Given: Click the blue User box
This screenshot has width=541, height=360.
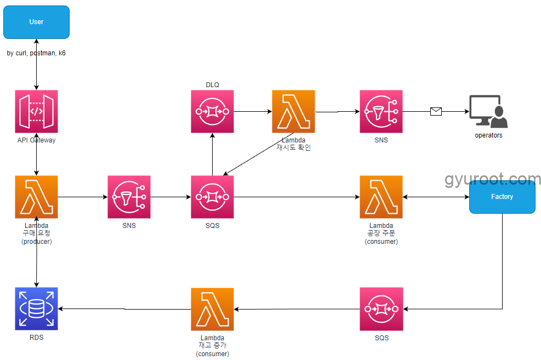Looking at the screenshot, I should [x=36, y=22].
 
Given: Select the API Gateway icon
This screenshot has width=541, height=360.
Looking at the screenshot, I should [x=36, y=111].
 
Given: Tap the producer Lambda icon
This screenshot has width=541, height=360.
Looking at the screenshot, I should [x=36, y=197].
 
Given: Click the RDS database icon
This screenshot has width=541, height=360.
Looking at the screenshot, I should [x=36, y=308].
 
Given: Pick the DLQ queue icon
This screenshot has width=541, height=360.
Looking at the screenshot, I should [x=212, y=111].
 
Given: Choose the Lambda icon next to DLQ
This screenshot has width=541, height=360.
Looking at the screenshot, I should [x=293, y=111].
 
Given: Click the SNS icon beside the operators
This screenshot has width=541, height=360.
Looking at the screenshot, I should [x=381, y=111].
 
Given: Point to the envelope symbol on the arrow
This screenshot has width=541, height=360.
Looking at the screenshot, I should [x=436, y=112].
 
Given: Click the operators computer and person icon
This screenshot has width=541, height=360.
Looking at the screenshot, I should [x=488, y=111].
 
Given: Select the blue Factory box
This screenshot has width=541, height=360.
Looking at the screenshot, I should [x=502, y=197].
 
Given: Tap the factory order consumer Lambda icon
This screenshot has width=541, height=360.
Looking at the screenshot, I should [x=381, y=197].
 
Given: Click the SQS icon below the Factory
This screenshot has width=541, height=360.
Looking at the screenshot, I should [x=381, y=308].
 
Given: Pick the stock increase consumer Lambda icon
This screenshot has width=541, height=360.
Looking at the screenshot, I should [x=212, y=309].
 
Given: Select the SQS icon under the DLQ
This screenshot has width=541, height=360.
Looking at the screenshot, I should [x=212, y=197].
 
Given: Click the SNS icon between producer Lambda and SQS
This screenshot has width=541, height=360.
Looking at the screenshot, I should [x=129, y=197].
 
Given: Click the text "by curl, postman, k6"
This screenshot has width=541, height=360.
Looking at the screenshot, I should [x=36, y=53].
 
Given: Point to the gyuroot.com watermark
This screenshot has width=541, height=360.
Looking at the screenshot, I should [x=493, y=179].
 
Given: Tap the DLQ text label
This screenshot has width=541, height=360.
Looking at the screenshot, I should [x=212, y=84].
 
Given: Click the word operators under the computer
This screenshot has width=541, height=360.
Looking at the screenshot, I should [x=488, y=135].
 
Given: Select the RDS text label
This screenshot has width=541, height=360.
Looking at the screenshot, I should [x=36, y=338].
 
